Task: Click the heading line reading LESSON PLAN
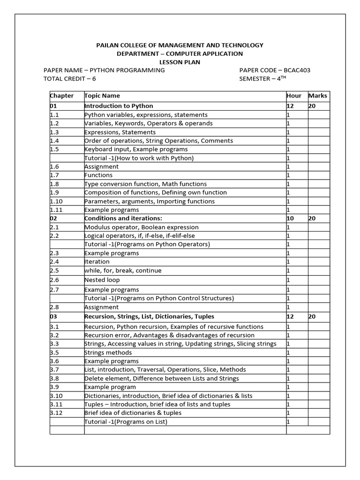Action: point(180,62)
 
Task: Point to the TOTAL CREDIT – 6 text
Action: point(69,79)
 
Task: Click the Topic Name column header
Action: point(102,96)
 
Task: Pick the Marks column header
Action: point(318,96)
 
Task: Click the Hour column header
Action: point(294,96)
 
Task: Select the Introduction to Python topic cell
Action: point(119,106)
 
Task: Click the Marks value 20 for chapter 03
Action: point(312,316)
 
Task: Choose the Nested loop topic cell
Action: point(102,280)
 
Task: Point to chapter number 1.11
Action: point(57,210)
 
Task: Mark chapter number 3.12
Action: point(57,413)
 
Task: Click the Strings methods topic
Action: point(108,352)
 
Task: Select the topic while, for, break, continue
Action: point(123,270)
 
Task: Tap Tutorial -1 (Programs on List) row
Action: point(126,422)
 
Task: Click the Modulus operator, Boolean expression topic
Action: point(135,227)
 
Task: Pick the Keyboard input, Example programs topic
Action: point(136,149)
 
